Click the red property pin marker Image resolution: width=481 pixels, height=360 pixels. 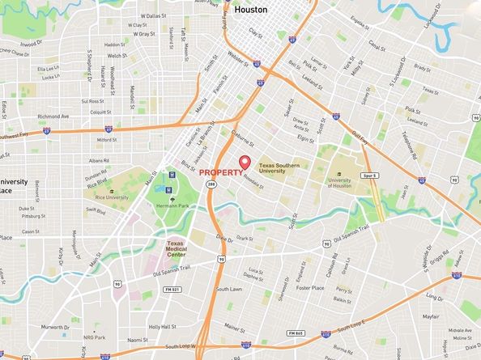point(245,161)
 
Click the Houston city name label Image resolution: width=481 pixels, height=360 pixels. point(250,11)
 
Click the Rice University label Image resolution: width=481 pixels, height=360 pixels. point(113,197)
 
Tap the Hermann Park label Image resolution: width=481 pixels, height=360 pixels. point(172,205)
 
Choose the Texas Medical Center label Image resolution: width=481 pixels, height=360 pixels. point(176,248)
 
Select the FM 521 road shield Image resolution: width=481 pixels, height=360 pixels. point(169,289)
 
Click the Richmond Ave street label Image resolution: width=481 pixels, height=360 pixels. point(53,116)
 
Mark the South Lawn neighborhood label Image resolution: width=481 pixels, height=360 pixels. point(229,289)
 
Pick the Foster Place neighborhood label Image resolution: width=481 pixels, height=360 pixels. point(310,288)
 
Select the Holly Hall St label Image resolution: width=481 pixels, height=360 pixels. point(163,327)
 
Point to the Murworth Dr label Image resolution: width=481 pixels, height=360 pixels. point(55,327)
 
